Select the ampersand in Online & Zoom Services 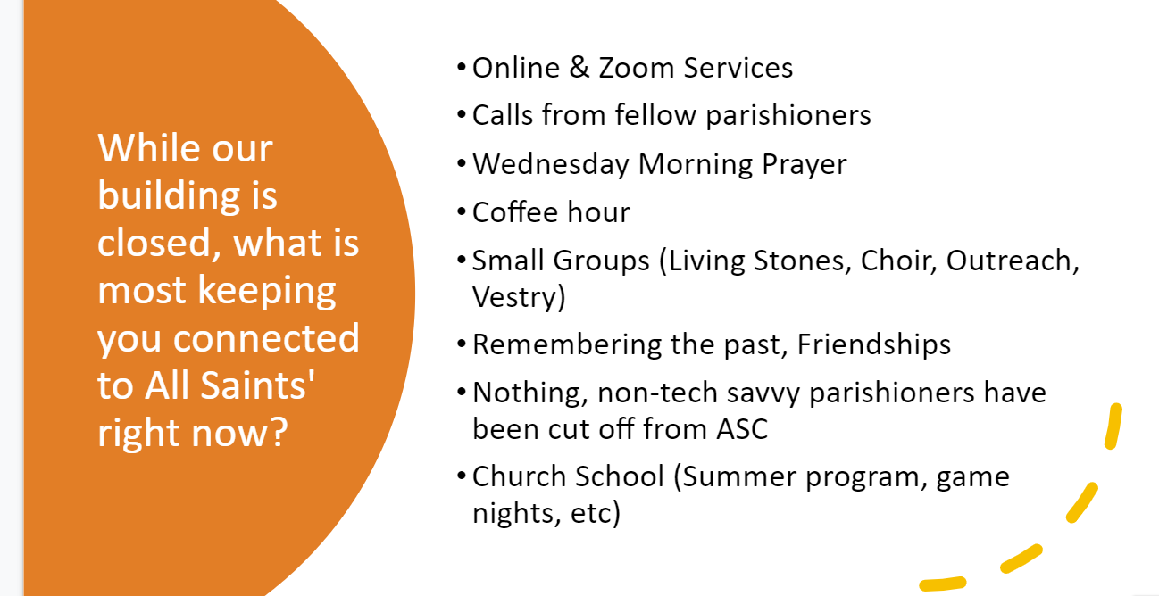tap(579, 68)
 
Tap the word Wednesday tap(551, 164)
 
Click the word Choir tap(898, 260)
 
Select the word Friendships tap(874, 344)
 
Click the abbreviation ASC tap(743, 429)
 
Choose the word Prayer tap(804, 165)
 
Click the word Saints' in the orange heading tap(257, 385)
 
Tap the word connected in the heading tap(266, 338)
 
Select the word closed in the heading tap(159, 242)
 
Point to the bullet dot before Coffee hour tap(462, 212)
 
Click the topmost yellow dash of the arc tap(1113, 426)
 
